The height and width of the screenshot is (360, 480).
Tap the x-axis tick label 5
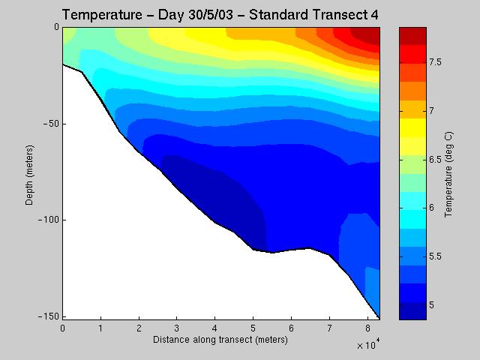pyautogui.click(x=253, y=328)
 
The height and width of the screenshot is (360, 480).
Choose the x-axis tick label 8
pyautogui.click(x=367, y=328)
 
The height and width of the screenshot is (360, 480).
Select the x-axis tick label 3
pyautogui.click(x=177, y=328)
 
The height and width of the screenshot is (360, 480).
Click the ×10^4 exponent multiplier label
pyautogui.click(x=367, y=345)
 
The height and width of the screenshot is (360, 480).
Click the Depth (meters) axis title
pyautogui.click(x=29, y=172)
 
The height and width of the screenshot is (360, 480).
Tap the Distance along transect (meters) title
pyautogui.click(x=220, y=340)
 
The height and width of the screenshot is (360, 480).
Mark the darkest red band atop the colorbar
pyautogui.click(x=411, y=34)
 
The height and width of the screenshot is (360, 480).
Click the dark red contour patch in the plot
pyautogui.click(x=367, y=34)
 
